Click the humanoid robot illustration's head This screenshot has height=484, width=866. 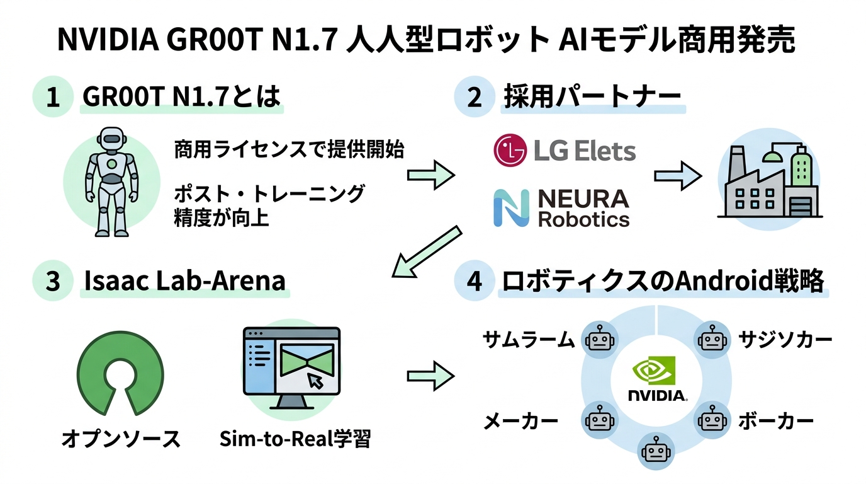coord(111,139)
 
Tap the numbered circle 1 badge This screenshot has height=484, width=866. coord(53,98)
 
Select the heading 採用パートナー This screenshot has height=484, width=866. coord(592,98)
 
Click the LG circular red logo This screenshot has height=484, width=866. coord(510,151)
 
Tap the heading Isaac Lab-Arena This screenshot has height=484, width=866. coord(185,280)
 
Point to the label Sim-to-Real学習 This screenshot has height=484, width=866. coord(295,439)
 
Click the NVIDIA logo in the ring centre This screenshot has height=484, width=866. coord(657,379)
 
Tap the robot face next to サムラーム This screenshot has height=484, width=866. coord(599,340)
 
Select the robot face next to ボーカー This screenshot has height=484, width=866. coord(712,419)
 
